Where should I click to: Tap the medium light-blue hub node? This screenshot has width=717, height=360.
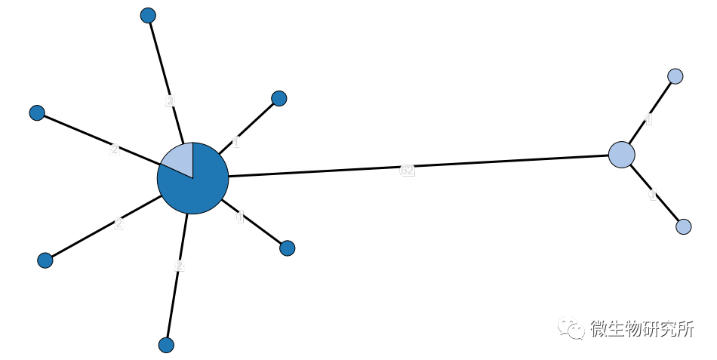(x=621, y=154)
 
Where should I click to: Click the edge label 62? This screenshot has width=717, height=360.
(x=407, y=171)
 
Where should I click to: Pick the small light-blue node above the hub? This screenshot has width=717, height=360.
(x=675, y=76)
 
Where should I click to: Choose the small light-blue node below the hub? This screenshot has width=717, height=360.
(x=683, y=226)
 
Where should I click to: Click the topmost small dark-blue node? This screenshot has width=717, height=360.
(x=148, y=15)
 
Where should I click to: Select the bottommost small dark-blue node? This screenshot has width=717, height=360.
(x=166, y=345)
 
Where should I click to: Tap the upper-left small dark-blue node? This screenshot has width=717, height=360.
(x=37, y=112)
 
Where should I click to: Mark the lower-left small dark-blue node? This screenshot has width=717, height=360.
(x=45, y=260)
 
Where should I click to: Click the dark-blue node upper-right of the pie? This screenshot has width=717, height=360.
(x=278, y=98)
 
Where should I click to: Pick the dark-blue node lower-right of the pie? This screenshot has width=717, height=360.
(x=287, y=248)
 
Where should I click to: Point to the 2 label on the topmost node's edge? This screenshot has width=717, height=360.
(x=170, y=100)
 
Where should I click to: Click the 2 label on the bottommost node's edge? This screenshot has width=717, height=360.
(x=179, y=266)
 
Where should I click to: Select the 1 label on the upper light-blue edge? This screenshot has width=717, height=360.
(x=648, y=119)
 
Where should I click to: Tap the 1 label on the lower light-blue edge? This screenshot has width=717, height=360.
(x=653, y=195)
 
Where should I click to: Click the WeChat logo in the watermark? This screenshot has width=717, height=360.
(x=571, y=328)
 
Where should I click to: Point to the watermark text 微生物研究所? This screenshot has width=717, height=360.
(x=642, y=329)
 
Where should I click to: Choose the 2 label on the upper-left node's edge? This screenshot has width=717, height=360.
(x=114, y=149)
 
